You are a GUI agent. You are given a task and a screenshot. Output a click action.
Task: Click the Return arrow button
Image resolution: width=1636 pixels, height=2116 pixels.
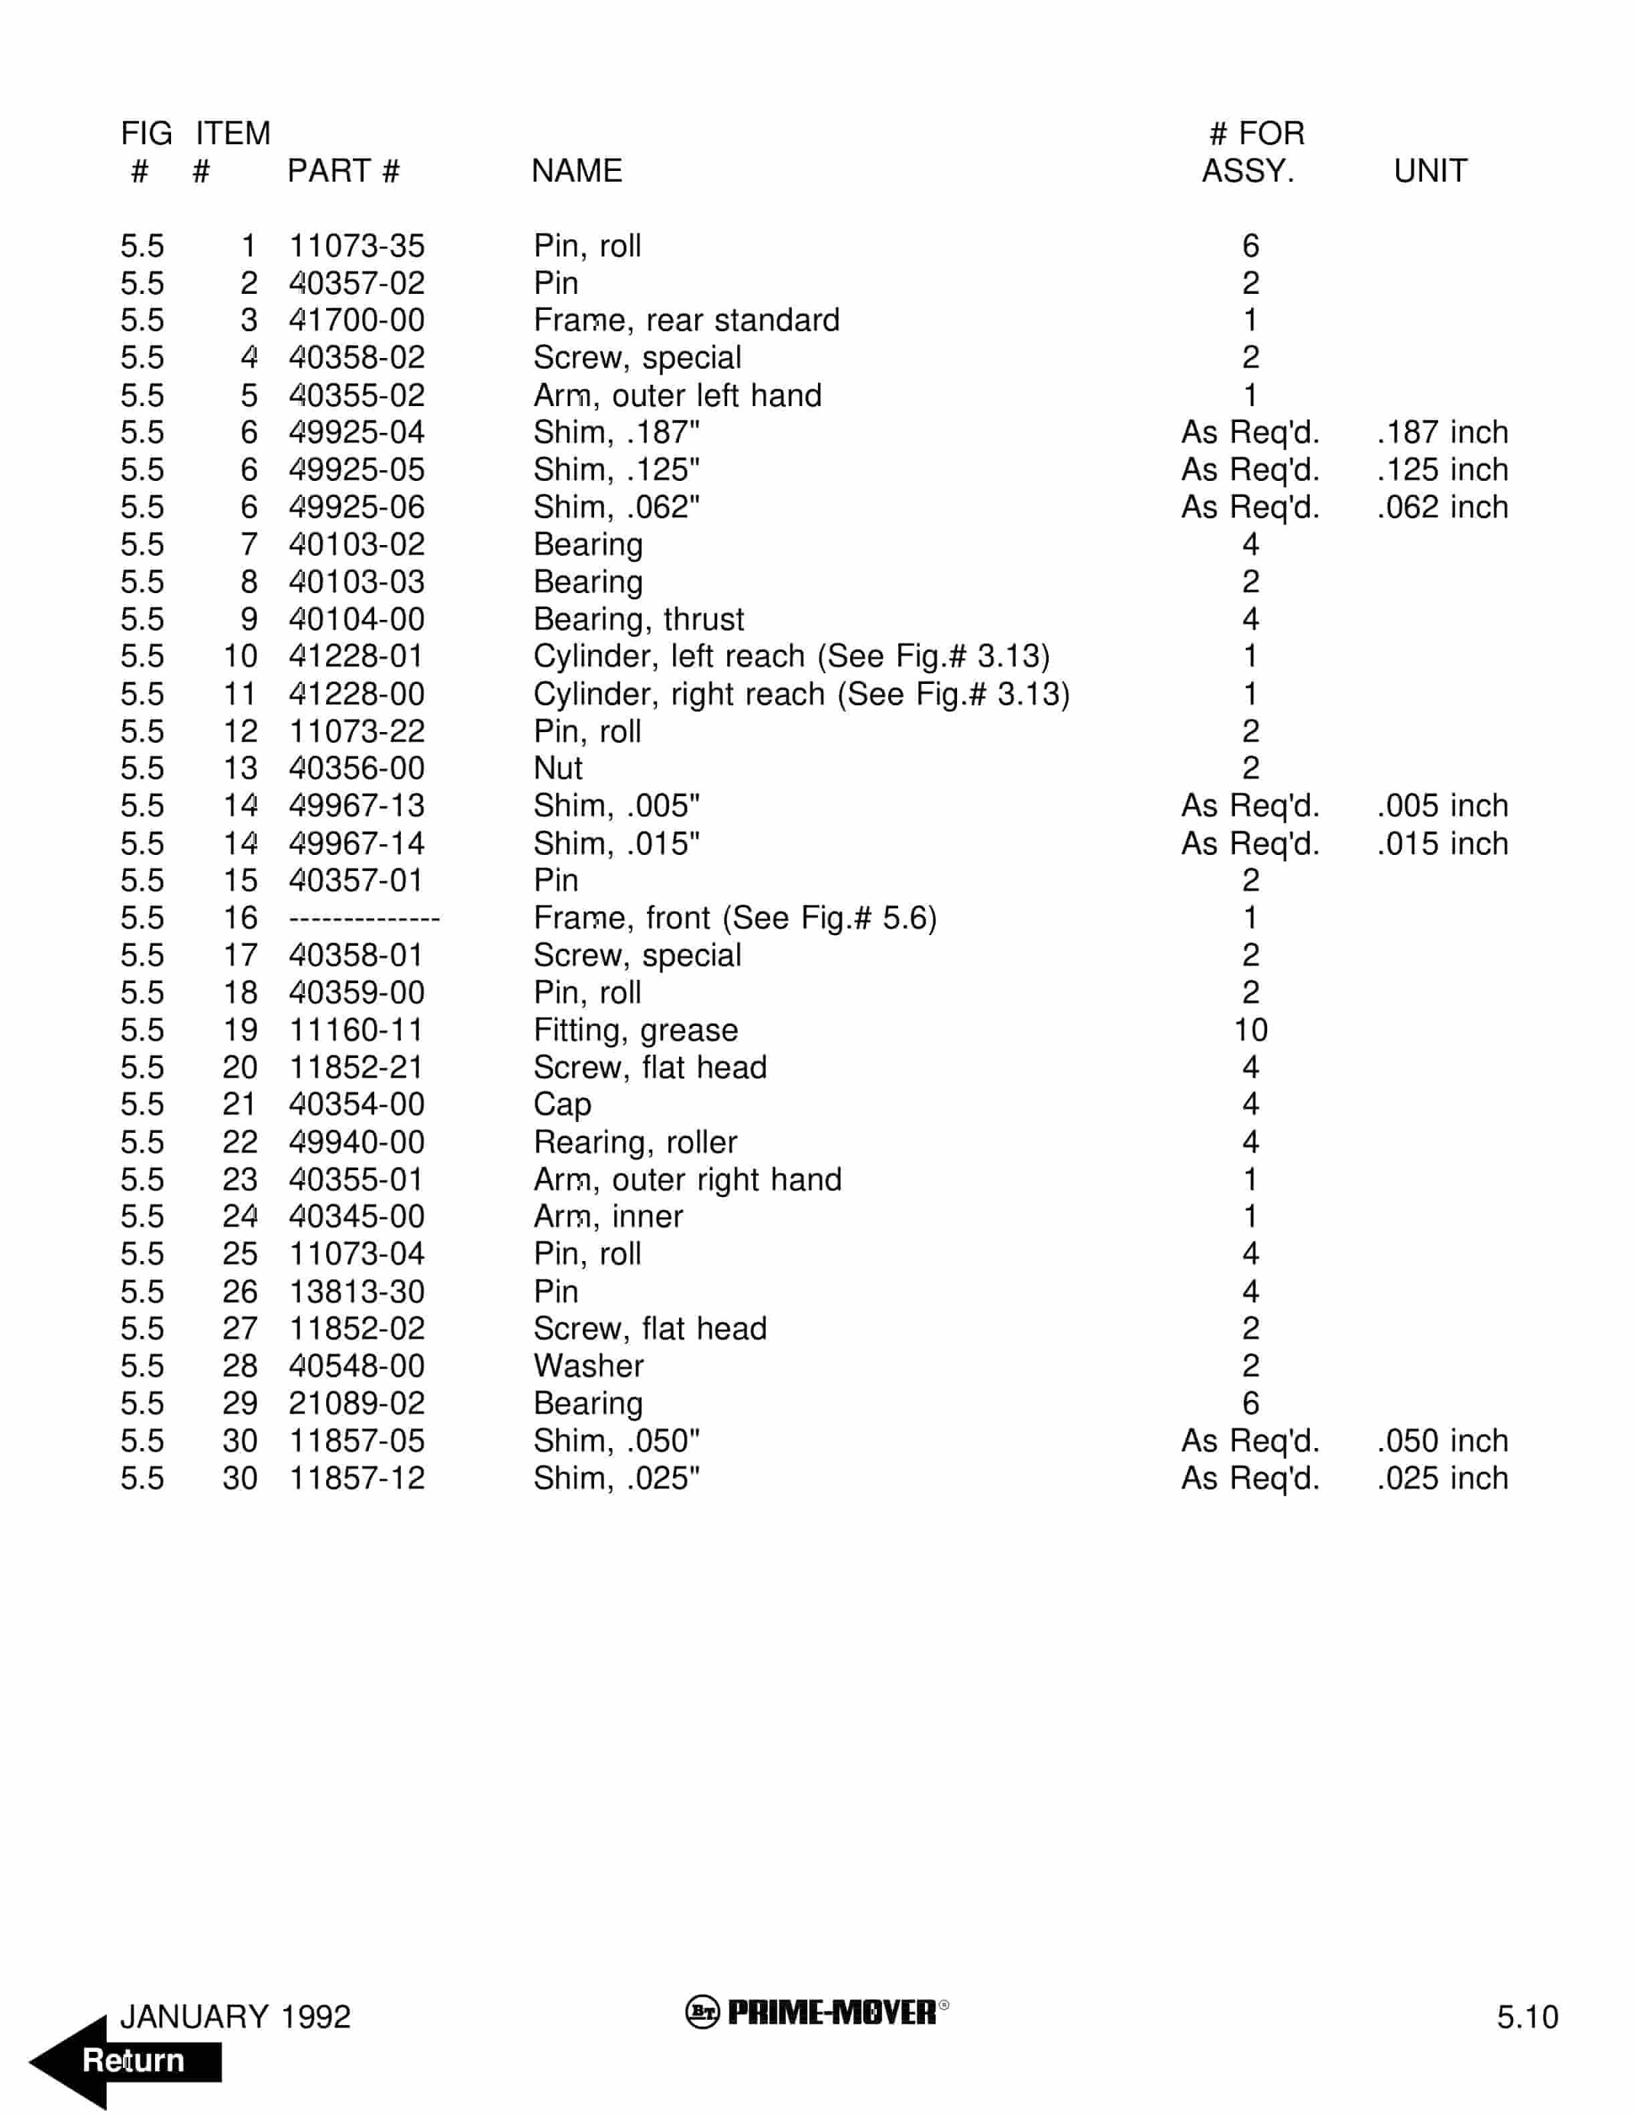tap(126, 2060)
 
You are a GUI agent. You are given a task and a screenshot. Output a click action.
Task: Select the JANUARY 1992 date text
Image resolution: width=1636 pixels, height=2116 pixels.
tap(235, 2016)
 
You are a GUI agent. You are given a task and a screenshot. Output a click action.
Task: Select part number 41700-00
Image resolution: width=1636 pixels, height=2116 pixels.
tap(357, 320)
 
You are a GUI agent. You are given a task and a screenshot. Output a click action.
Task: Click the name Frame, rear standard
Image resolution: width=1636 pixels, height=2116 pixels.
tap(686, 320)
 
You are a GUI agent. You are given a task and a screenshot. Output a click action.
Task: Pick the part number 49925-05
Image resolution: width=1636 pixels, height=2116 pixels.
tap(357, 470)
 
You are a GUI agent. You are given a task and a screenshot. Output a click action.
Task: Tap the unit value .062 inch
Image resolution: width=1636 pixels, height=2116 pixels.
tap(1442, 507)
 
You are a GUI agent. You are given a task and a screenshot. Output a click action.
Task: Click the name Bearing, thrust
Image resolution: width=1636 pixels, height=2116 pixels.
tap(639, 619)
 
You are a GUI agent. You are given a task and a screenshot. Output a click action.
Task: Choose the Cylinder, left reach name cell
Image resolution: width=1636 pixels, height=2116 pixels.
tap(791, 656)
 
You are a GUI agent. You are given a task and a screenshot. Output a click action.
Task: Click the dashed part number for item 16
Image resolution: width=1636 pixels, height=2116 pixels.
tap(364, 918)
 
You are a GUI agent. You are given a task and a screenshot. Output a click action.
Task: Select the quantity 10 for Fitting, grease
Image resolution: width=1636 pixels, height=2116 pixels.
tap(1250, 1030)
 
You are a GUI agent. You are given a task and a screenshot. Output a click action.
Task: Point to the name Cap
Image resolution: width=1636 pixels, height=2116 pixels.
tap(562, 1105)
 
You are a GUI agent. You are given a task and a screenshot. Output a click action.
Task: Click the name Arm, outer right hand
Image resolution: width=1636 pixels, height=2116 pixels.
tap(687, 1179)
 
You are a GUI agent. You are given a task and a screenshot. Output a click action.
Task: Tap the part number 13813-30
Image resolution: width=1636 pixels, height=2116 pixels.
tap(357, 1292)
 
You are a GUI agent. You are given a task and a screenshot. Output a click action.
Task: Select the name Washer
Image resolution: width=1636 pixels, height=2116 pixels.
tap(588, 1366)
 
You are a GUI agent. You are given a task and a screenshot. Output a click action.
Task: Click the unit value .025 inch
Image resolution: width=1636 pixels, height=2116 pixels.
tap(1442, 1479)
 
